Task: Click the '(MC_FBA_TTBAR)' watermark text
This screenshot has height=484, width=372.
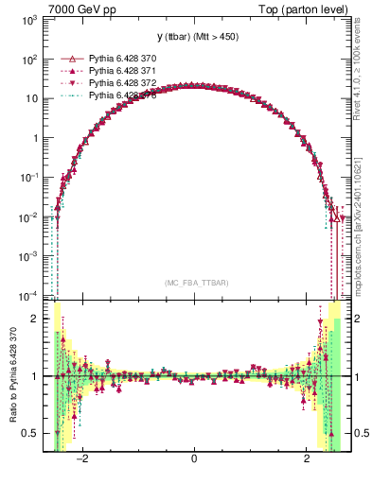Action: tap(196, 284)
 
